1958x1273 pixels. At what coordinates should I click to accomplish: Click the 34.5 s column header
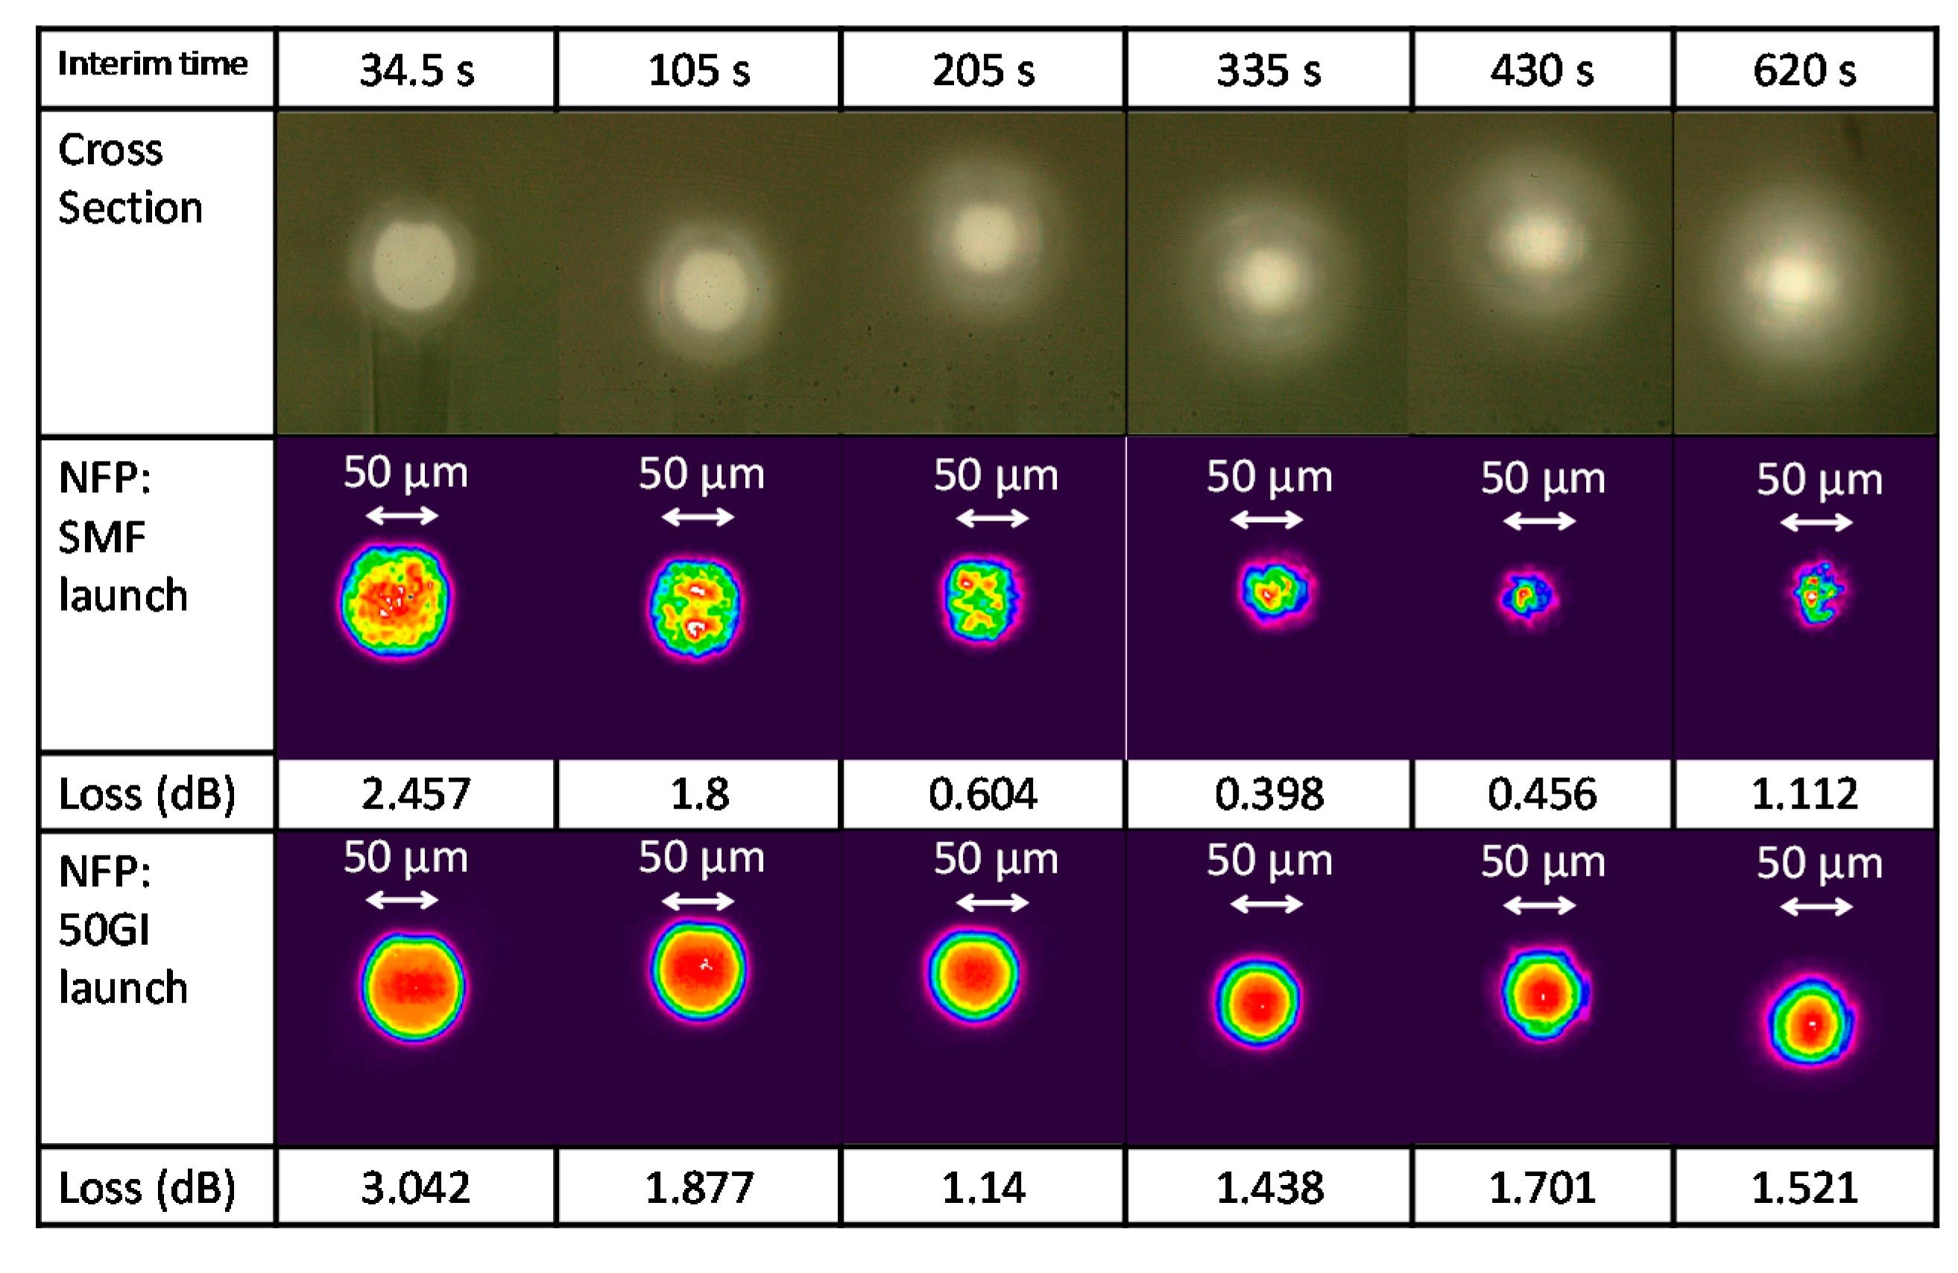[417, 70]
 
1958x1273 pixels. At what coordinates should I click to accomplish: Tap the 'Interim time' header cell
[153, 64]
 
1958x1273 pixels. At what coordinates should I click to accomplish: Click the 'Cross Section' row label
[130, 178]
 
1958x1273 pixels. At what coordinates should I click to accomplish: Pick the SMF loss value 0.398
[1269, 794]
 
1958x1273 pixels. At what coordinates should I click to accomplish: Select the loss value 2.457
[417, 794]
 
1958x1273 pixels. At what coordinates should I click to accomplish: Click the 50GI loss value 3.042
[417, 1187]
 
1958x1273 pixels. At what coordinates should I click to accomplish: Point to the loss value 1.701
[1541, 1187]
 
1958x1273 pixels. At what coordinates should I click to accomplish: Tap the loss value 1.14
[982, 1187]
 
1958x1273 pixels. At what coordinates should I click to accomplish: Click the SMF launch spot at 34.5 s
[396, 601]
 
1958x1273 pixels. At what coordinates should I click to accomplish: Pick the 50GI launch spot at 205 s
[974, 975]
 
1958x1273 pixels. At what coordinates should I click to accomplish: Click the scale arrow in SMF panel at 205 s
[992, 518]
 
